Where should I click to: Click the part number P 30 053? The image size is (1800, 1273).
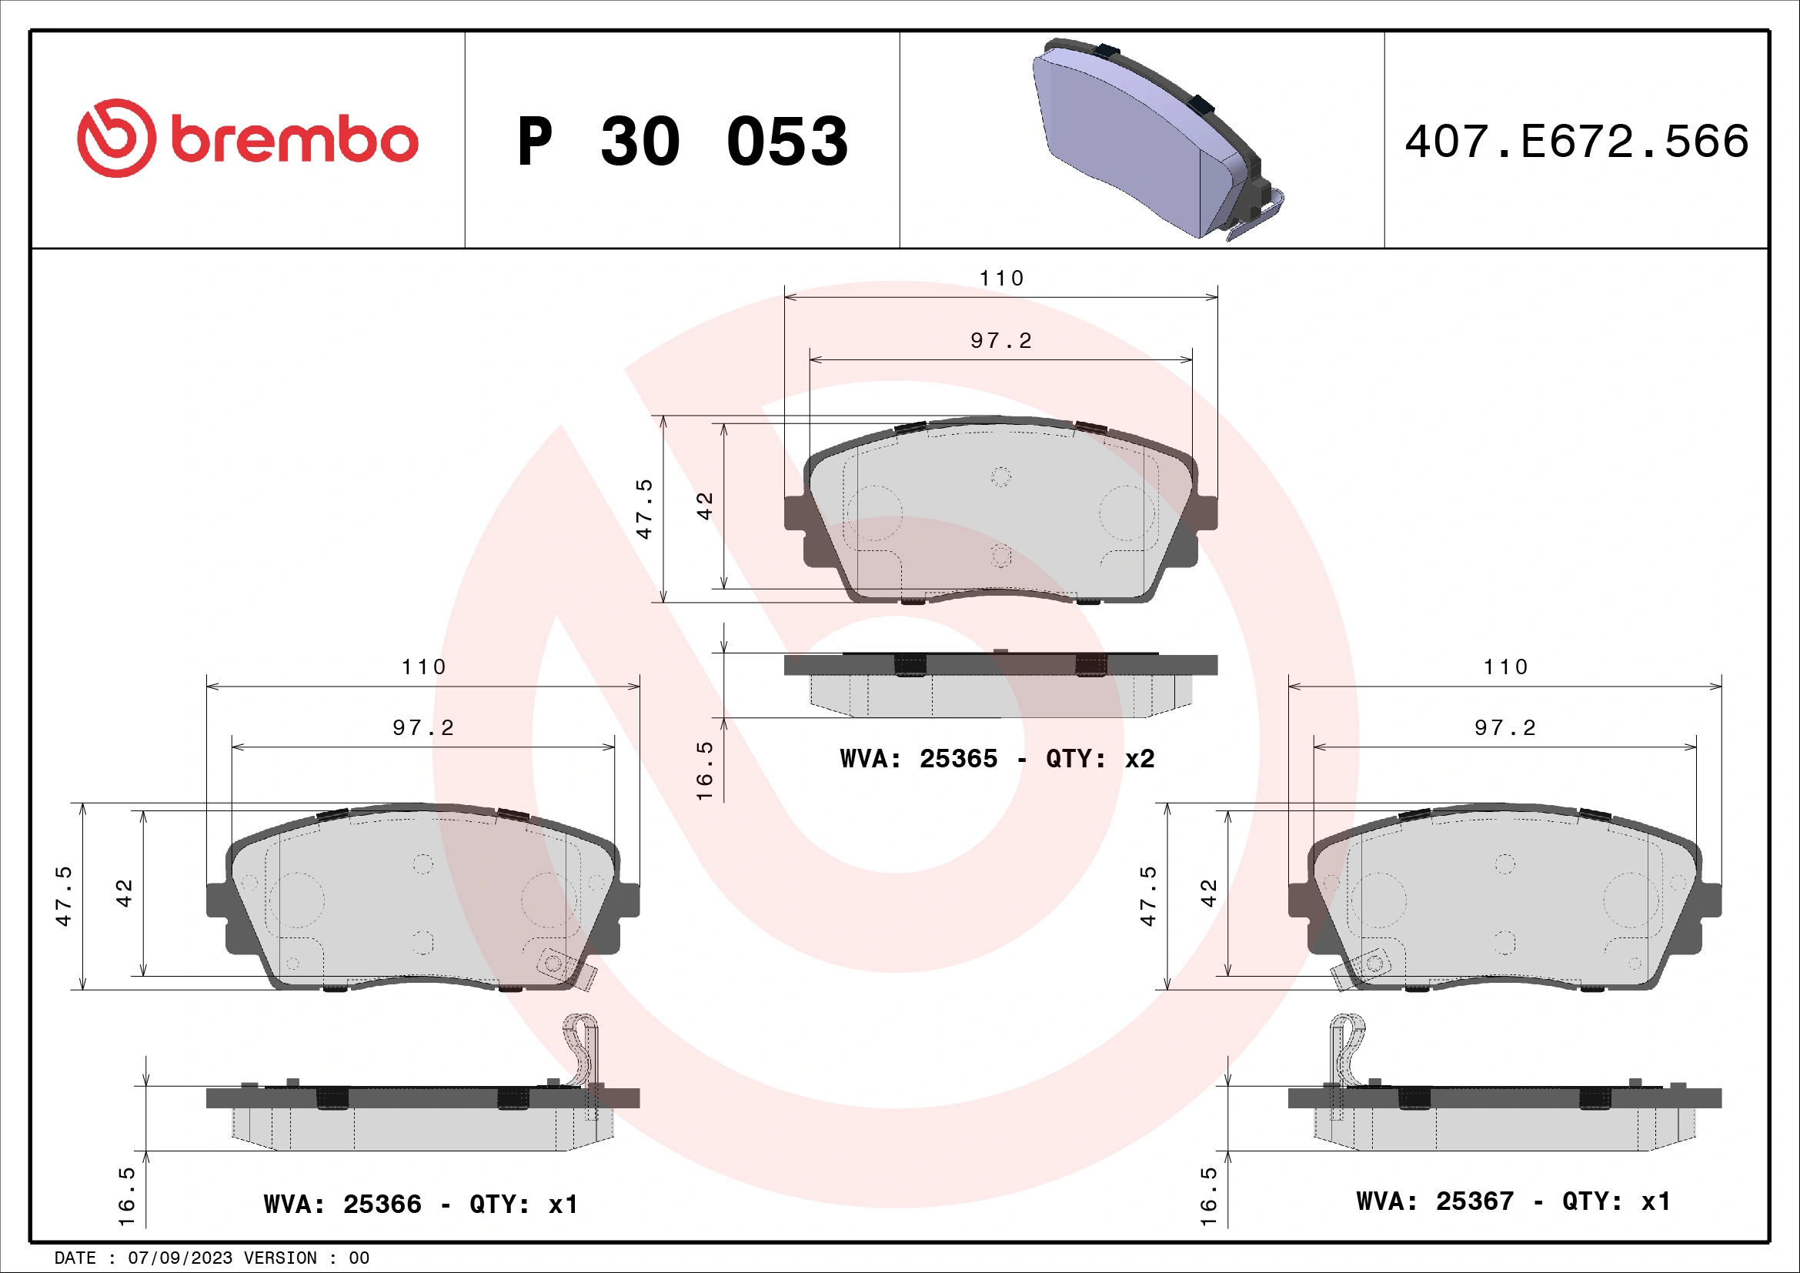(x=682, y=142)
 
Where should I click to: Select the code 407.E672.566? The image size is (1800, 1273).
(x=1576, y=142)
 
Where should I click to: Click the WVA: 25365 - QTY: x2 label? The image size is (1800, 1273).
(x=997, y=759)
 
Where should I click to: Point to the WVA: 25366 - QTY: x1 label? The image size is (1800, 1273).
(x=420, y=1203)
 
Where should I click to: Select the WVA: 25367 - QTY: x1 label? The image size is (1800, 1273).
(x=1512, y=1201)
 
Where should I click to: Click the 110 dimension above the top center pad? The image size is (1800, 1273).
(x=1001, y=279)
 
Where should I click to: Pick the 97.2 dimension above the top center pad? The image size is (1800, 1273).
(x=1001, y=341)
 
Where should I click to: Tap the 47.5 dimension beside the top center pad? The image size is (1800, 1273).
(x=644, y=509)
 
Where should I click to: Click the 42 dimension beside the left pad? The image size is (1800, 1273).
(x=124, y=893)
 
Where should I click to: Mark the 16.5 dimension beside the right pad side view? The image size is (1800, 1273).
(x=1209, y=1196)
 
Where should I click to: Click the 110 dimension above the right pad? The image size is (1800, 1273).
(x=1505, y=667)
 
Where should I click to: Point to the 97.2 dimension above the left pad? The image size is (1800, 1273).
(x=423, y=728)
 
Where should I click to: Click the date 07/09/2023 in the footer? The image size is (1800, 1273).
(x=179, y=1258)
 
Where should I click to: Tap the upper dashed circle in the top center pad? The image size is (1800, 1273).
(x=1001, y=476)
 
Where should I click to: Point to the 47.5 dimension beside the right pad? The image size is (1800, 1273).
(x=1147, y=896)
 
